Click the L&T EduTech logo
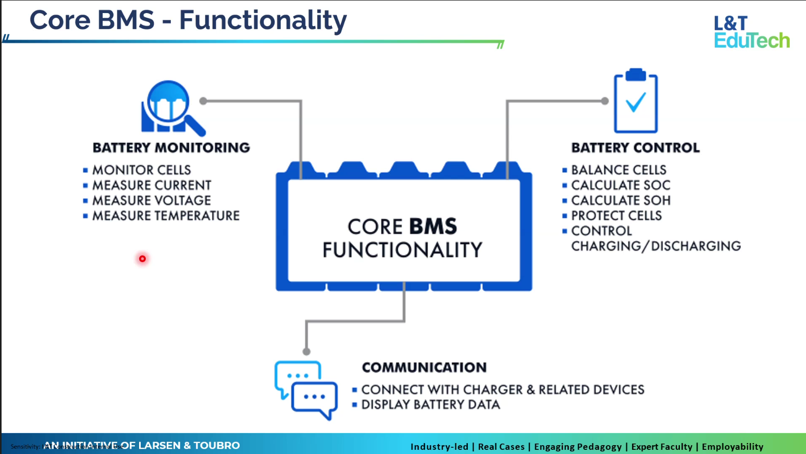(x=751, y=32)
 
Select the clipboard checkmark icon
(x=636, y=101)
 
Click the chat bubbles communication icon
(x=306, y=390)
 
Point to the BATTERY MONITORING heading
(x=171, y=148)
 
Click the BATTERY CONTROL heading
(x=635, y=148)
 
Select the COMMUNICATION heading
(x=424, y=367)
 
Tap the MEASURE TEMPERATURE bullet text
(x=166, y=216)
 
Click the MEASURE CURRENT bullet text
(x=152, y=185)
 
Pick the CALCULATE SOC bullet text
(x=621, y=185)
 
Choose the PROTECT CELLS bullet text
(x=616, y=216)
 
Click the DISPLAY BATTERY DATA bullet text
(x=430, y=405)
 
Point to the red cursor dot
(x=142, y=259)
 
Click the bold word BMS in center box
(x=433, y=226)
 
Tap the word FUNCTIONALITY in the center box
(x=402, y=250)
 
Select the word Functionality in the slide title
(x=263, y=20)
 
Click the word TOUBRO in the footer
(x=217, y=446)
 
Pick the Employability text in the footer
(x=732, y=447)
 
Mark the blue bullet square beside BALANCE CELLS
(x=565, y=170)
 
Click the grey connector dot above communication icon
(x=306, y=352)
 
